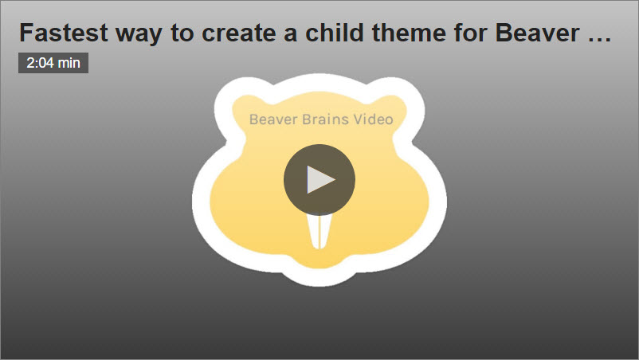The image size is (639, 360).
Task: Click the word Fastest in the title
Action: pyautogui.click(x=58, y=33)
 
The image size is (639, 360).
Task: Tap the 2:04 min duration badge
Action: pyautogui.click(x=53, y=63)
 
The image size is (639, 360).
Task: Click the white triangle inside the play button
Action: pyautogui.click(x=320, y=180)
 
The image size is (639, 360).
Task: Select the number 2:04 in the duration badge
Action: pyautogui.click(x=40, y=63)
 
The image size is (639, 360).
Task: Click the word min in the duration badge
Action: pyautogui.click(x=69, y=63)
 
